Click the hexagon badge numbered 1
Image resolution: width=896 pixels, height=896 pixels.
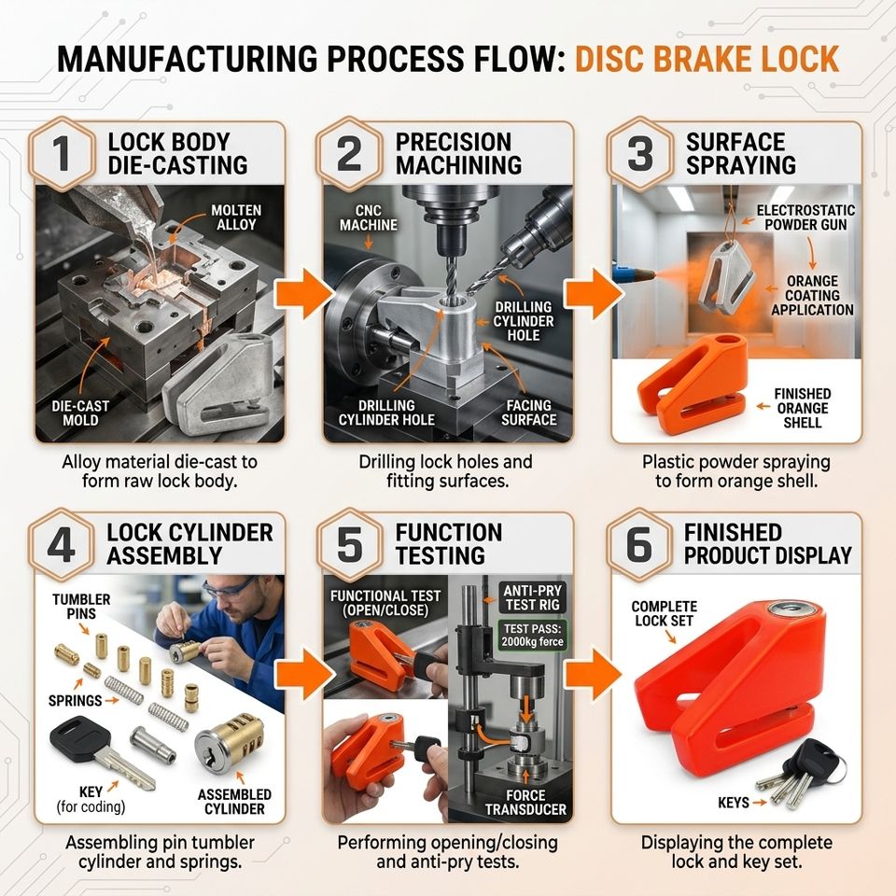pos(63,153)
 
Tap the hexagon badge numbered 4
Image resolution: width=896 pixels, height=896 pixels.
pos(62,544)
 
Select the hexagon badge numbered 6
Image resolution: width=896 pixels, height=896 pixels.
pos(639,544)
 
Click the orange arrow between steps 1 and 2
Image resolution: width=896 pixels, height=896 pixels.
pos(302,294)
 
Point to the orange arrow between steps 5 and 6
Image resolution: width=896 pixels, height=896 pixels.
pos(593,674)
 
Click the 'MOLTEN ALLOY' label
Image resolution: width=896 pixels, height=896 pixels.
pos(236,217)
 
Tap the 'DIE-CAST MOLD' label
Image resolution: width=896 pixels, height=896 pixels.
pos(80,413)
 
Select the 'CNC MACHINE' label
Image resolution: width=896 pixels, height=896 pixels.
pos(368,217)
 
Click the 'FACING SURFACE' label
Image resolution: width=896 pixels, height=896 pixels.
pos(528,413)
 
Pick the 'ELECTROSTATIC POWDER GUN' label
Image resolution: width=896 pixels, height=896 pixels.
pos(805,217)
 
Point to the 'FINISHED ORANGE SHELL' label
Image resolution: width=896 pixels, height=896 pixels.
pos(803,408)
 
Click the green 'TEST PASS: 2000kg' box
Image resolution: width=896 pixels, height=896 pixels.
pos(533,635)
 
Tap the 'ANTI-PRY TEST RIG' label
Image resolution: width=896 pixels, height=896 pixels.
pos(533,597)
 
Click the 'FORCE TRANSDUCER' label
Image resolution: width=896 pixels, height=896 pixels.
pos(525,803)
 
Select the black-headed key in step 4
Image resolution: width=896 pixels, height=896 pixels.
pos(102,752)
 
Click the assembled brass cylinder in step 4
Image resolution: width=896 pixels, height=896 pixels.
pos(230,744)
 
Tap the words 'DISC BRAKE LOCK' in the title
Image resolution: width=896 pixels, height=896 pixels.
pos(707,59)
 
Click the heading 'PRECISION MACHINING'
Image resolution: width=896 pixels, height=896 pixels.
pos(458,153)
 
